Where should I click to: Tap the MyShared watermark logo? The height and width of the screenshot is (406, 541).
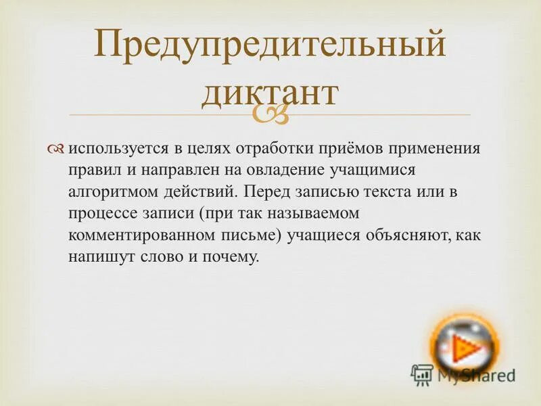pos(464,374)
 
